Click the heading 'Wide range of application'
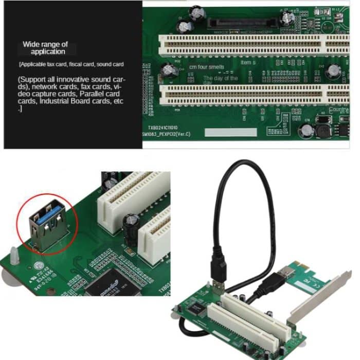coord(45,48)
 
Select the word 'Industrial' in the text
coord(50,102)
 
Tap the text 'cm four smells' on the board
coord(207,67)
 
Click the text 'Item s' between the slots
coord(248,63)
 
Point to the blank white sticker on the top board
coord(230,133)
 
